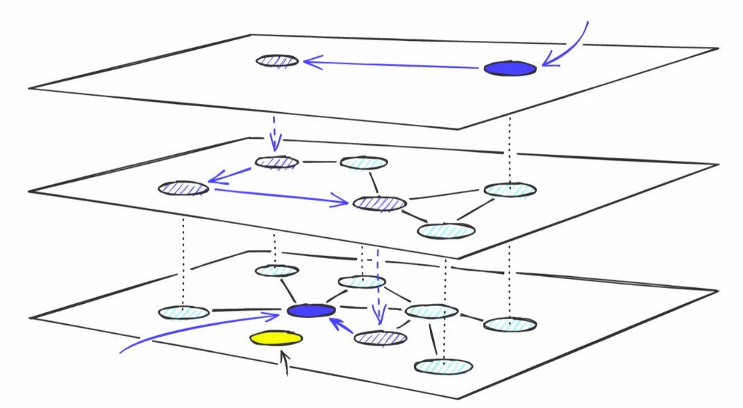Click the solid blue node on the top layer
point(510,68)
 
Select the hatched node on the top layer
point(277,61)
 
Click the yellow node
point(276,338)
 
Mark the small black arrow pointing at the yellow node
point(283,362)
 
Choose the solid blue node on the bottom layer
point(310,312)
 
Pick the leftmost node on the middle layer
point(183,188)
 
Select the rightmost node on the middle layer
point(510,189)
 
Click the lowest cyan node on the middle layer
point(446,230)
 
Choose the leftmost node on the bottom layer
point(183,313)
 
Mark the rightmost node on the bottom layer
point(510,324)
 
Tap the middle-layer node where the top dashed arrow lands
point(276,162)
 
